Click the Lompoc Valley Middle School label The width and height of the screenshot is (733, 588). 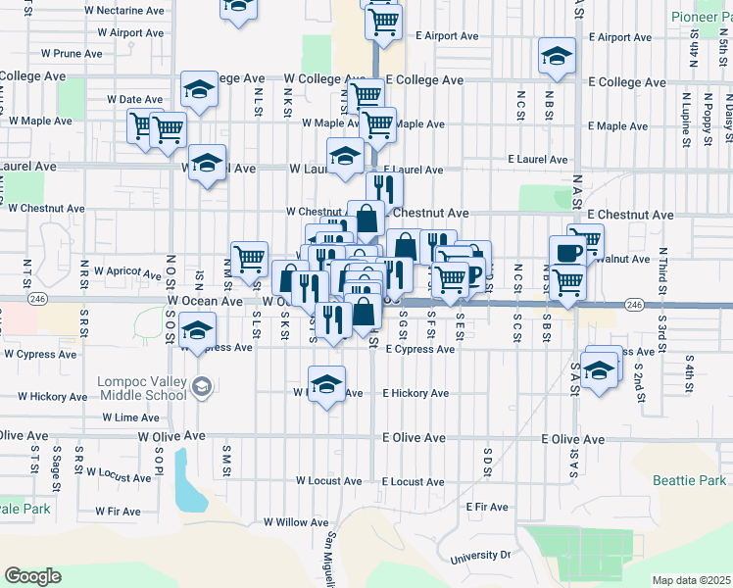point(141,388)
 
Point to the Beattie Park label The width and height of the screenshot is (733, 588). point(690,480)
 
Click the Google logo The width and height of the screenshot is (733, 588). point(33,576)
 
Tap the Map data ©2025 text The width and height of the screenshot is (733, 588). point(692,580)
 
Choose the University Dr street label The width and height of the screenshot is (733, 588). point(480,557)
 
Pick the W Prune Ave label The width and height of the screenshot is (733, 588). point(72,53)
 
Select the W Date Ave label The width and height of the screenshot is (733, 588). point(134,100)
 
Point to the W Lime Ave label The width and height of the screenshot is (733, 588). point(130,417)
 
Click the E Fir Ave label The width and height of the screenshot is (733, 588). point(487,507)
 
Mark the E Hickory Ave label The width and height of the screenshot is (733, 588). point(415,393)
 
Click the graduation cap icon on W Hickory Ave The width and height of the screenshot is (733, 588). point(327,382)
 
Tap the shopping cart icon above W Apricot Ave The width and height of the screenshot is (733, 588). point(250,258)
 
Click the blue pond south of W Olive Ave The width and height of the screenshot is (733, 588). point(189,481)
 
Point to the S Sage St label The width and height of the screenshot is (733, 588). point(57,465)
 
